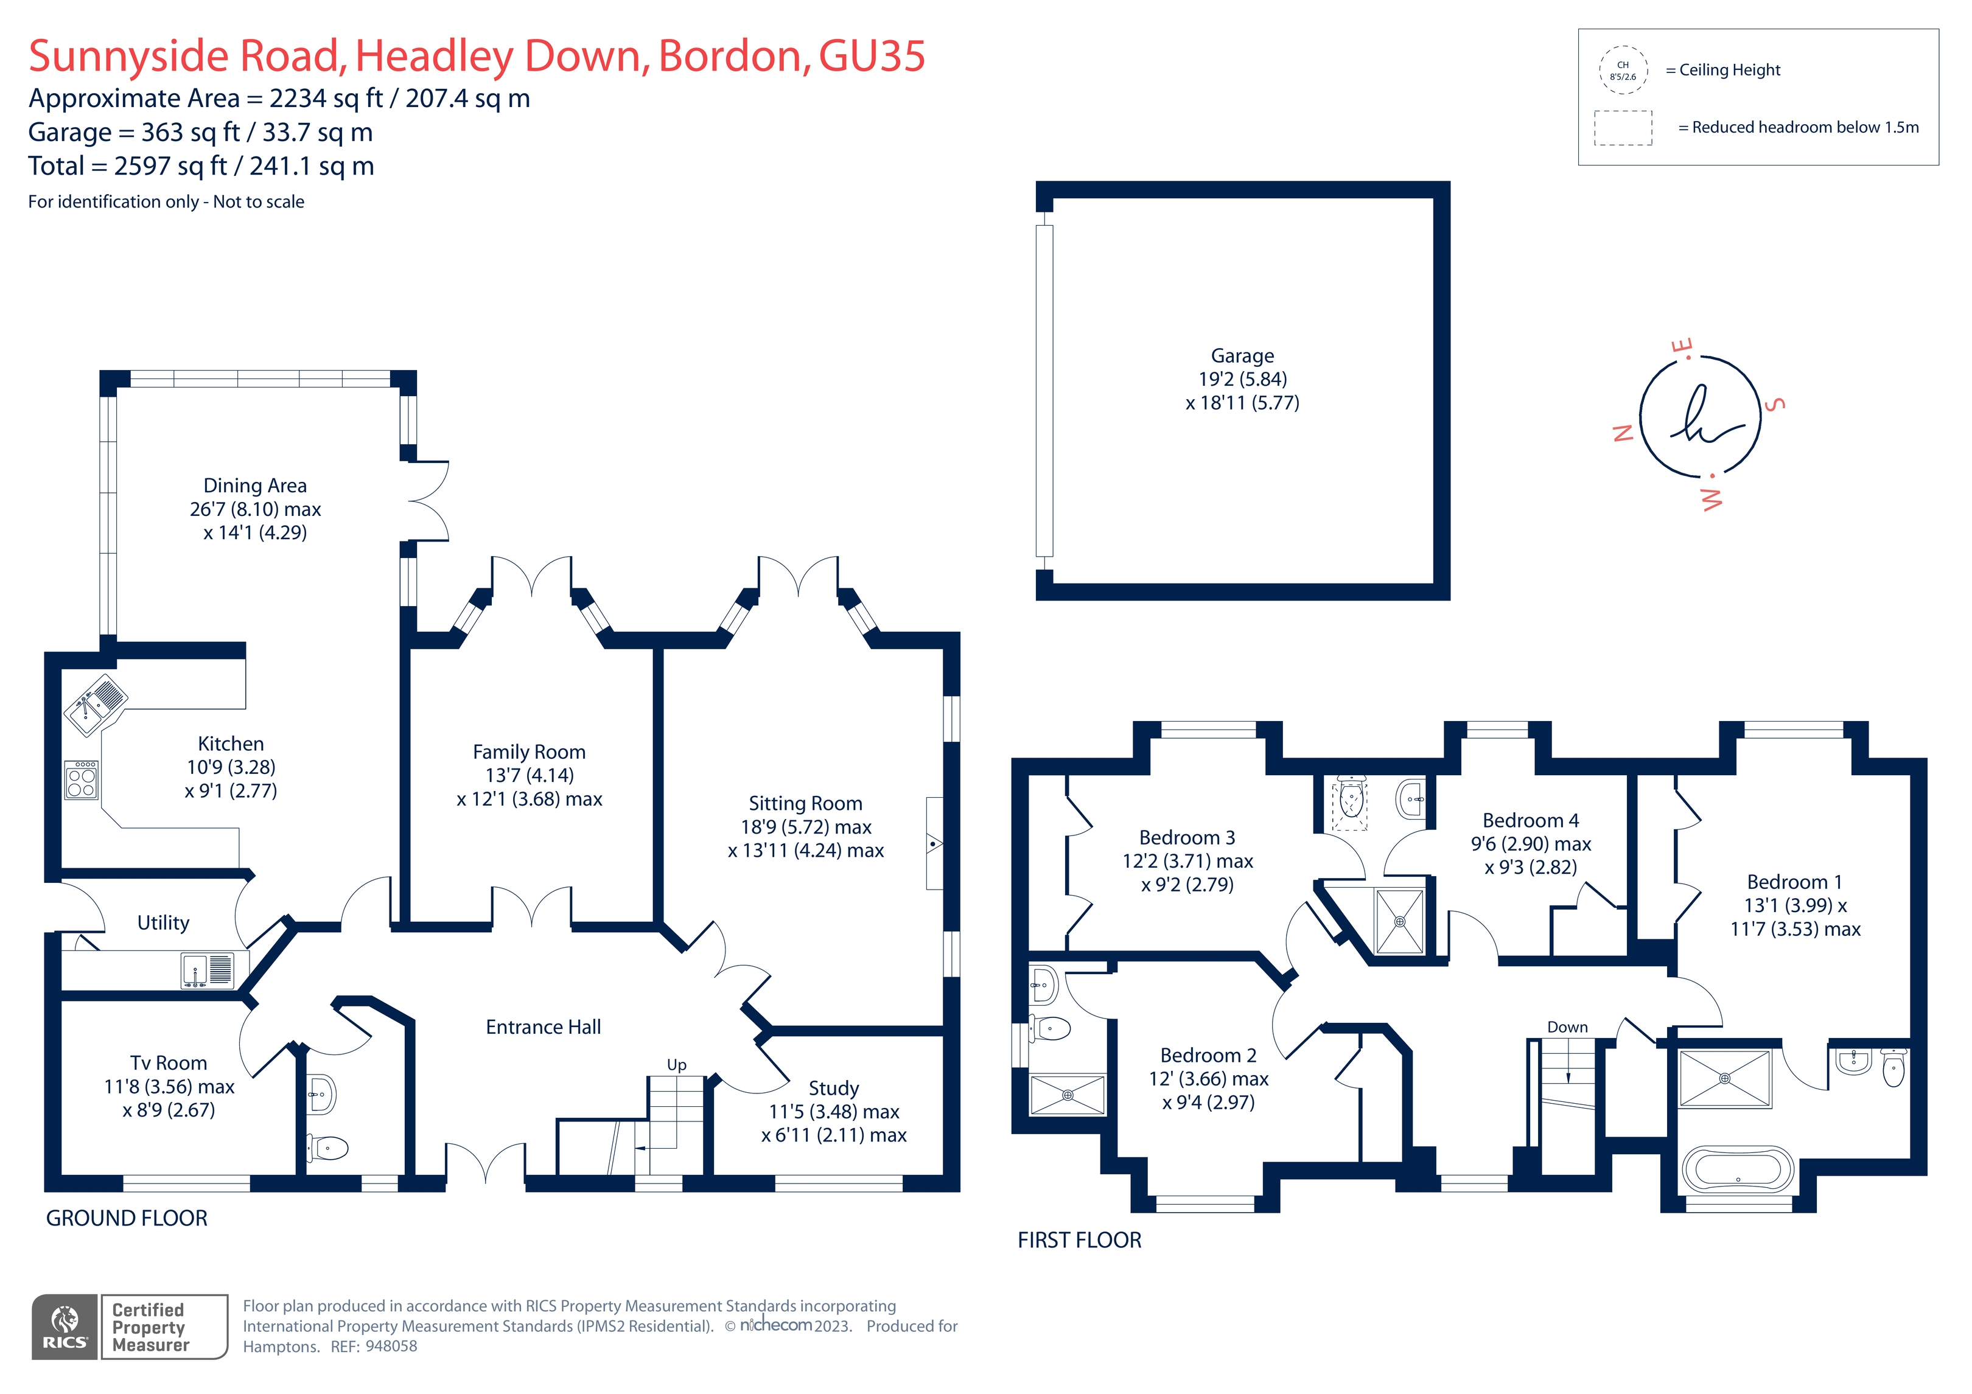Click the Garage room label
(x=1242, y=355)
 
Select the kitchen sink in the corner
(x=94, y=703)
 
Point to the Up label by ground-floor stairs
(x=676, y=1065)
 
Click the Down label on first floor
(x=1567, y=1027)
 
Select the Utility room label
(x=163, y=922)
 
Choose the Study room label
(x=833, y=1088)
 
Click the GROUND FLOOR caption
(x=126, y=1218)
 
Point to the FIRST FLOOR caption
(x=1079, y=1240)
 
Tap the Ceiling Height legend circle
(x=1623, y=69)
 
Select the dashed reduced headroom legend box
(x=1623, y=128)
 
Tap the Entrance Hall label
(x=543, y=1027)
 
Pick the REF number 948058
(x=391, y=1347)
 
